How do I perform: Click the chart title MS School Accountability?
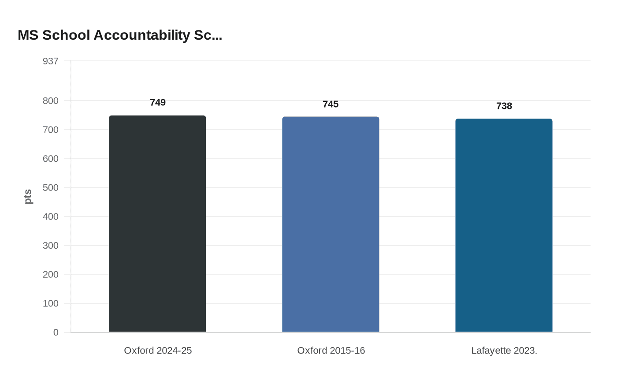coord(120,35)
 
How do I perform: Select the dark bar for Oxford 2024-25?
coord(157,224)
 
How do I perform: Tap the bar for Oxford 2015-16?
coord(331,224)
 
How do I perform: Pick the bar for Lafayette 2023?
coord(504,225)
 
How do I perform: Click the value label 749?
coord(158,103)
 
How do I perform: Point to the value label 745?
coord(331,104)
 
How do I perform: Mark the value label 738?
coord(504,106)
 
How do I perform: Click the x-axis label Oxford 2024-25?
coord(158,351)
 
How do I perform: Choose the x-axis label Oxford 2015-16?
coord(331,351)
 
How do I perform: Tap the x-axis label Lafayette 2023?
coord(504,351)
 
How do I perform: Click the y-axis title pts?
coord(28,197)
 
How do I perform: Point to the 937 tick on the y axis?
coord(51,61)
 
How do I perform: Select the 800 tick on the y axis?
coord(51,101)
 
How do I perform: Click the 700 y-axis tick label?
coord(51,130)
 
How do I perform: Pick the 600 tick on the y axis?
coord(51,159)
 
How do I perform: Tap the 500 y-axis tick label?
coord(51,187)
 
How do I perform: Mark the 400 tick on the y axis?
coord(51,216)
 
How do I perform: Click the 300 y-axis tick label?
coord(51,246)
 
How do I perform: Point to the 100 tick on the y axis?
coord(51,303)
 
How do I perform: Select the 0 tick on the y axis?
coord(56,332)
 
